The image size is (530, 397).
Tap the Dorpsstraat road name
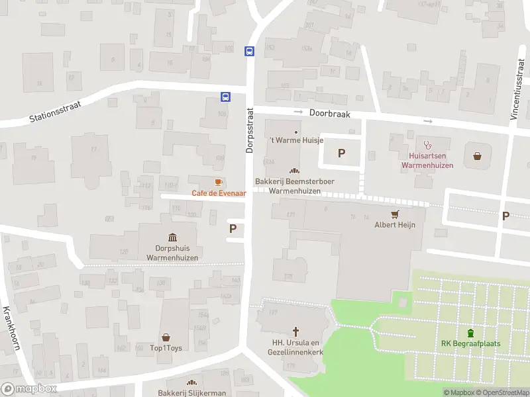[250, 130]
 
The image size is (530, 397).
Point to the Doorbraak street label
[329, 114]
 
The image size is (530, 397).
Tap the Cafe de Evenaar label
[219, 193]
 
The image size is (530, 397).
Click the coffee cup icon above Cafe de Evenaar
[218, 183]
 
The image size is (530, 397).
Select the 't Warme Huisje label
[295, 141]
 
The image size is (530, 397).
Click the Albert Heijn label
[395, 225]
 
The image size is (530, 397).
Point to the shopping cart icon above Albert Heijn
[396, 214]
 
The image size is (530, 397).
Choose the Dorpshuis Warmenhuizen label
[172, 252]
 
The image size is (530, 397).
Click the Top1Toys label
[166, 348]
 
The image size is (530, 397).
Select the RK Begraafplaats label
[470, 343]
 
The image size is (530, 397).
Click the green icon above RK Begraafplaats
[470, 332]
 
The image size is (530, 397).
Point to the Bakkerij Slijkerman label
[191, 393]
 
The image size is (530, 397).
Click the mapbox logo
[29, 389]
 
